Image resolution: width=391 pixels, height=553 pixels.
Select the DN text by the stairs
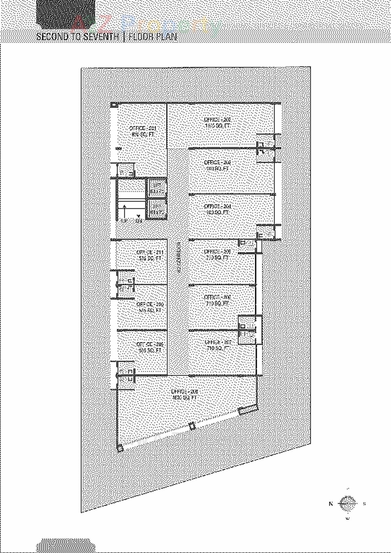point(139,220)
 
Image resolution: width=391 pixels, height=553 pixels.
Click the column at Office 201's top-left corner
point(113,105)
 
